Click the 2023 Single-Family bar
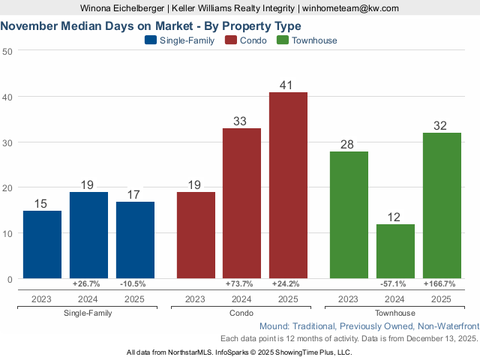[x=42, y=244]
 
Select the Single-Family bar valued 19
[x=88, y=235]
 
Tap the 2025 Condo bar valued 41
[x=288, y=185]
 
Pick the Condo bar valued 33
[x=241, y=203]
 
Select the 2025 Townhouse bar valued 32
[x=442, y=205]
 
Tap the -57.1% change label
[x=395, y=284]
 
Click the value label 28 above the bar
[x=349, y=143]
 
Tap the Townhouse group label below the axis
[x=395, y=313]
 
